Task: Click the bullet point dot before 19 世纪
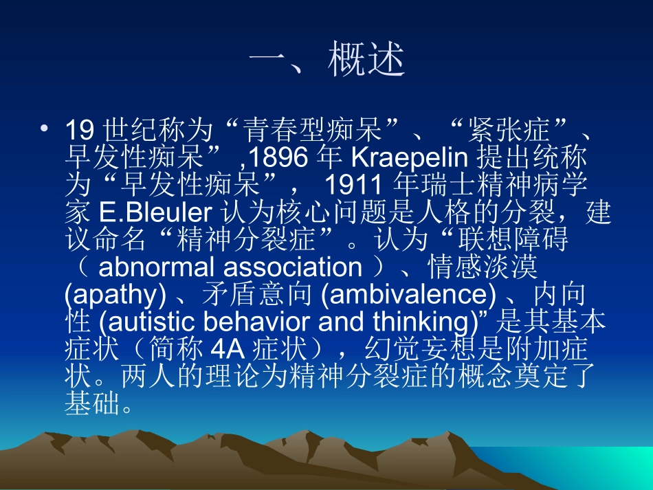click(x=45, y=129)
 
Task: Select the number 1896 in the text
click(x=278, y=158)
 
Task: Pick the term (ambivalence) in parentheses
click(x=408, y=294)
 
